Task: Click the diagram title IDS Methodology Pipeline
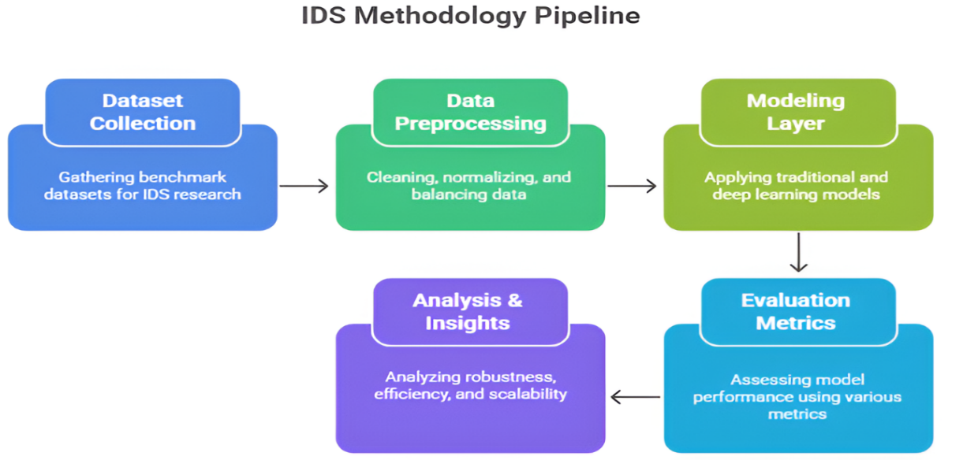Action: coord(470,16)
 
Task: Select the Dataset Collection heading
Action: coord(142,112)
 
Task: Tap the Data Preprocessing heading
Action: coord(470,112)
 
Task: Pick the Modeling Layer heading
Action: coord(796,112)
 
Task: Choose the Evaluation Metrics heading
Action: coord(796,311)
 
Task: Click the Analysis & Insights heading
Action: coord(468,311)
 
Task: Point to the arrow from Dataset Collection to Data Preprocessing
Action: coord(304,186)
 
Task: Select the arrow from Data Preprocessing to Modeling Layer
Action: coord(632,186)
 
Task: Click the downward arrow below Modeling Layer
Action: coord(798,252)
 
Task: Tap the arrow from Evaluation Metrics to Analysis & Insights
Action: coord(636,397)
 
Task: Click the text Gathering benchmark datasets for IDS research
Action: coord(142,185)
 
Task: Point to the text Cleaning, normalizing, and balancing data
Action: coord(469,185)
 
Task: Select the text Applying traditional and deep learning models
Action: coord(797,185)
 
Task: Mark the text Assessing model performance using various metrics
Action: coord(797,396)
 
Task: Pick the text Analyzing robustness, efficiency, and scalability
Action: coord(470,385)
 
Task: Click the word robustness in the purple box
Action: coord(510,377)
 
